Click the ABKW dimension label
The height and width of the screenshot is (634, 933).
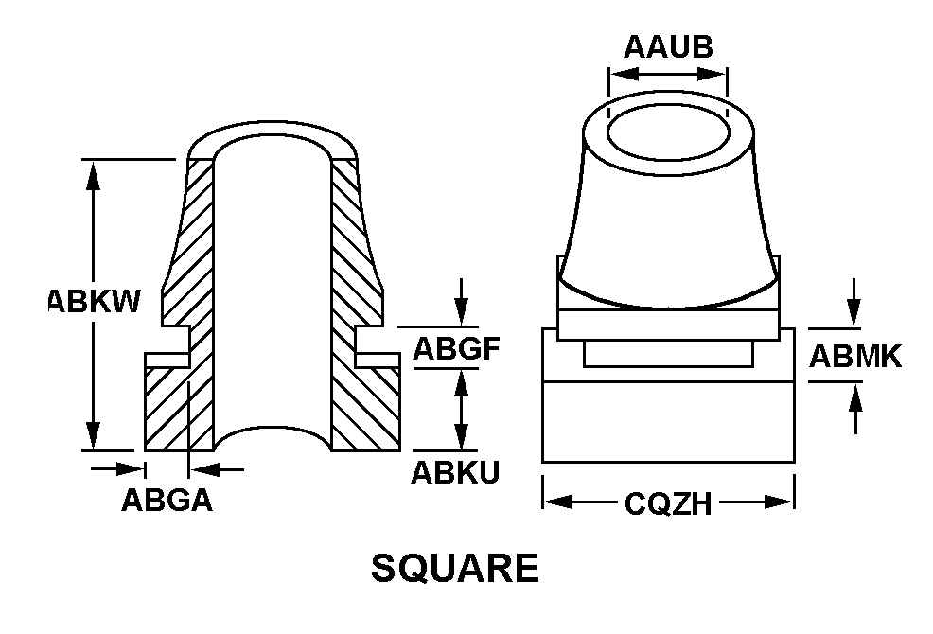96,301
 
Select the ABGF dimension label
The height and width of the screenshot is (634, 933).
455,350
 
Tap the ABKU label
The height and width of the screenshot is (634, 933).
455,472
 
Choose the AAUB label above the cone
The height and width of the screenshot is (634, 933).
668,46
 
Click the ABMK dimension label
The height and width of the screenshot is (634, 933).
855,356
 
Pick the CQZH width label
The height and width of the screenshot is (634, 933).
668,504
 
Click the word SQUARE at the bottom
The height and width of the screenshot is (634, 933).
455,569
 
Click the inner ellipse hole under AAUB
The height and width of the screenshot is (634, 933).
667,132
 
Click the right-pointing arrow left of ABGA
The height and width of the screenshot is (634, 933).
132,467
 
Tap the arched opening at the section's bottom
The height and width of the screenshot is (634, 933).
273,437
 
